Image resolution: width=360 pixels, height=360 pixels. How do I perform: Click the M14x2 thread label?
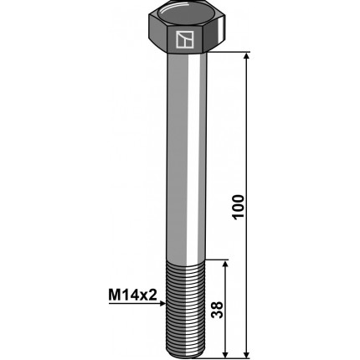[x=132, y=295]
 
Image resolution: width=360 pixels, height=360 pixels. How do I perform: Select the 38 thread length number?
[x=218, y=309]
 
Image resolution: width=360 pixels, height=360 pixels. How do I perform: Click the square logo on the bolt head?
[x=185, y=39]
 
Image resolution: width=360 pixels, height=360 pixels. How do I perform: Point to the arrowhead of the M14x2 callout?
[x=163, y=304]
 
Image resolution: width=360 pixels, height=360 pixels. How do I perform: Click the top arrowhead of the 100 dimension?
[x=246, y=55]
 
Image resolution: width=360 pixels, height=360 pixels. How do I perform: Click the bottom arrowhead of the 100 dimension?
[x=246, y=354]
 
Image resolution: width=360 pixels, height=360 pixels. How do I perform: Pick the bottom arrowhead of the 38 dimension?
[x=225, y=354]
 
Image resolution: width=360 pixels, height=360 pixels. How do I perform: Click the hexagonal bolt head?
[x=186, y=30]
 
